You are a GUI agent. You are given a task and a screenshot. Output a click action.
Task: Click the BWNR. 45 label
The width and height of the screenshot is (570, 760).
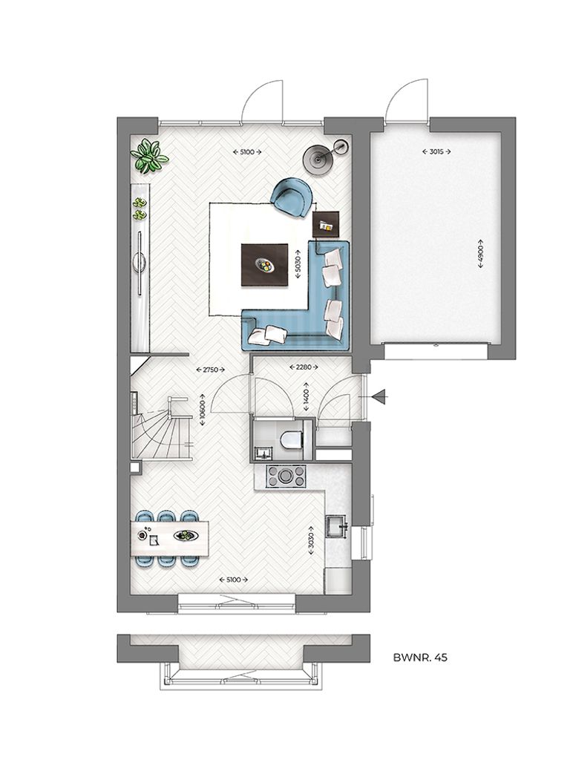pos(419,657)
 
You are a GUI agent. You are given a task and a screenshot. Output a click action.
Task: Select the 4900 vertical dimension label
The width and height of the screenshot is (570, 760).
pos(480,257)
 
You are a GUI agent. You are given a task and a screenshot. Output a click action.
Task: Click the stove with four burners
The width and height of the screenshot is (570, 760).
pos(286,476)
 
